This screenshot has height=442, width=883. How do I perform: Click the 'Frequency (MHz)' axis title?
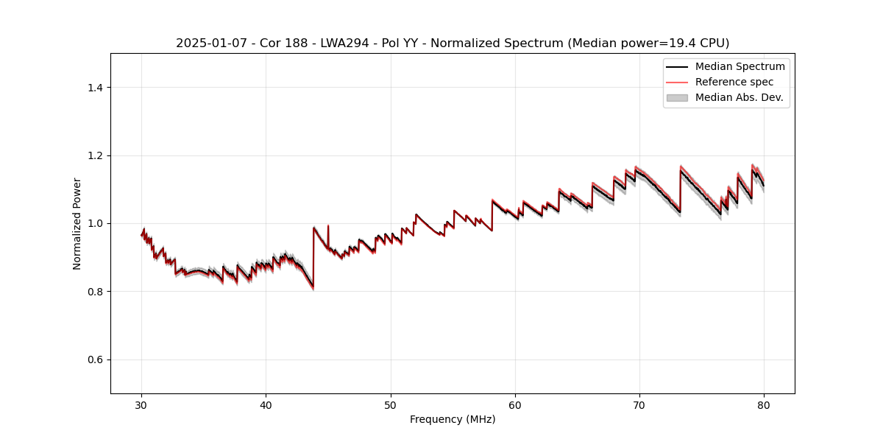(453, 419)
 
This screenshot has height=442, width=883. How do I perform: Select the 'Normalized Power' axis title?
(77, 223)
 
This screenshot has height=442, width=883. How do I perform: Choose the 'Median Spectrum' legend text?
(740, 66)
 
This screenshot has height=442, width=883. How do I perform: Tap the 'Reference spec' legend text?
(734, 82)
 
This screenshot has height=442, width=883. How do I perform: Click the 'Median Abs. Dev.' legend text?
(739, 97)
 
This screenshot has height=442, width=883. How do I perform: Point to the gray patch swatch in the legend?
(677, 97)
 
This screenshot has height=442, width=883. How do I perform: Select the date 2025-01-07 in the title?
(208, 43)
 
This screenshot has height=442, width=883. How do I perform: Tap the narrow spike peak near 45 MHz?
(328, 225)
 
